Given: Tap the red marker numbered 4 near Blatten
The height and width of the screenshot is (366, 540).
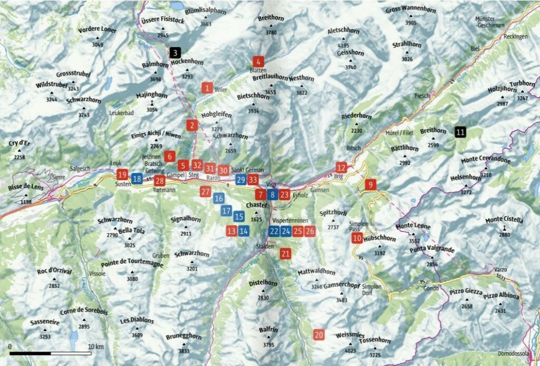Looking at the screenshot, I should pos(258,61).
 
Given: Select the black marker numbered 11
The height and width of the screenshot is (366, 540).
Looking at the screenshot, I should pos(460,132).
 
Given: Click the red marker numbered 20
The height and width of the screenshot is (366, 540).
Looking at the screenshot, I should pos(319,334).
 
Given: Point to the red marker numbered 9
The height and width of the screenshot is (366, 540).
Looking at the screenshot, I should pos(370,184).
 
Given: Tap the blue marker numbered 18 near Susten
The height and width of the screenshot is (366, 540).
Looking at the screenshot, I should pos(136,179).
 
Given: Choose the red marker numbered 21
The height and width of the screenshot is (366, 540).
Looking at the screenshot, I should pos(285,254).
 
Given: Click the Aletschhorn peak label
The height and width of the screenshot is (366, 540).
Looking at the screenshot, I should pos(343,31).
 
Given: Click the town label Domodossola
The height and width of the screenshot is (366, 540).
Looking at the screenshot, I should pos(513,354).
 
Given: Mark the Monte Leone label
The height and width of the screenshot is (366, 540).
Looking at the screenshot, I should pos(413,227).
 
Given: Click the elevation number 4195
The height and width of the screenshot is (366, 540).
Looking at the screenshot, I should pos(343,46).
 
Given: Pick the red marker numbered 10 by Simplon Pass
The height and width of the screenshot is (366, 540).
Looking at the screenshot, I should pos(357,238).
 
